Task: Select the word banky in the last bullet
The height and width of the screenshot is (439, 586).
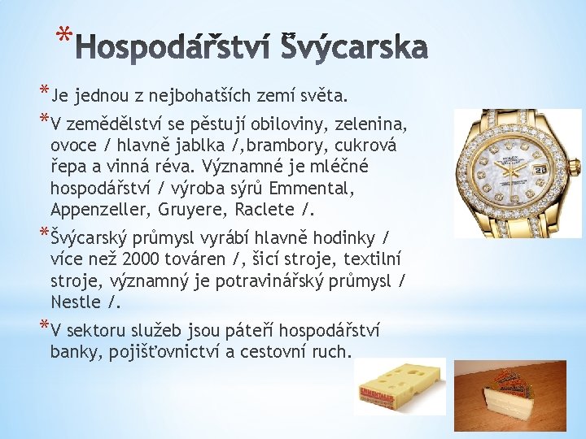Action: click(x=73, y=352)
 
